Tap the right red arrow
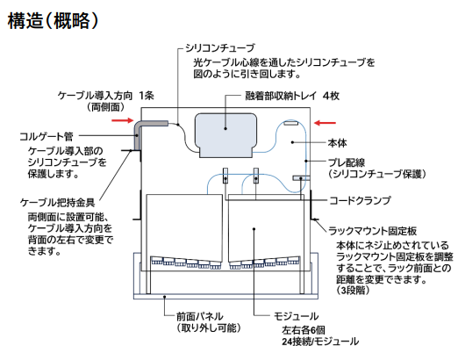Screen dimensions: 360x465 (x=325, y=123)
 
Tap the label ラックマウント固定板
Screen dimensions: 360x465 (x=378, y=230)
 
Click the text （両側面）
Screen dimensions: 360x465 (x=111, y=107)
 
